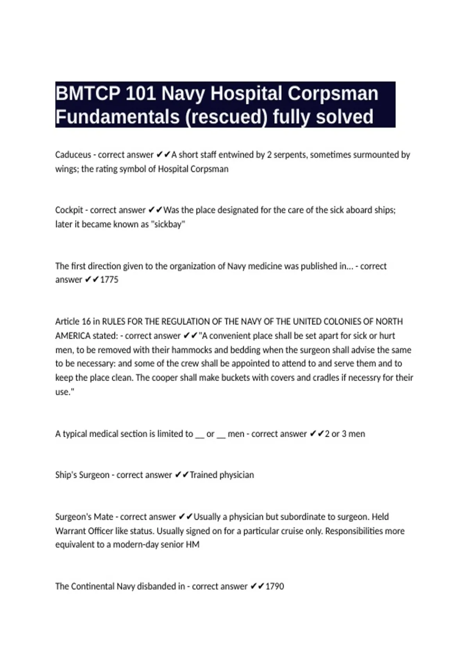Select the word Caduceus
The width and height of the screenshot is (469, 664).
pyautogui.click(x=73, y=155)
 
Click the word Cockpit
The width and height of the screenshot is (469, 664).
pyautogui.click(x=69, y=210)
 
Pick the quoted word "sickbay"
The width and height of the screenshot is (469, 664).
pyautogui.click(x=168, y=224)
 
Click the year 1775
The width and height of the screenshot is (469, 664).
pyautogui.click(x=109, y=280)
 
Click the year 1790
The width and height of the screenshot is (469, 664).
pyautogui.click(x=275, y=586)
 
